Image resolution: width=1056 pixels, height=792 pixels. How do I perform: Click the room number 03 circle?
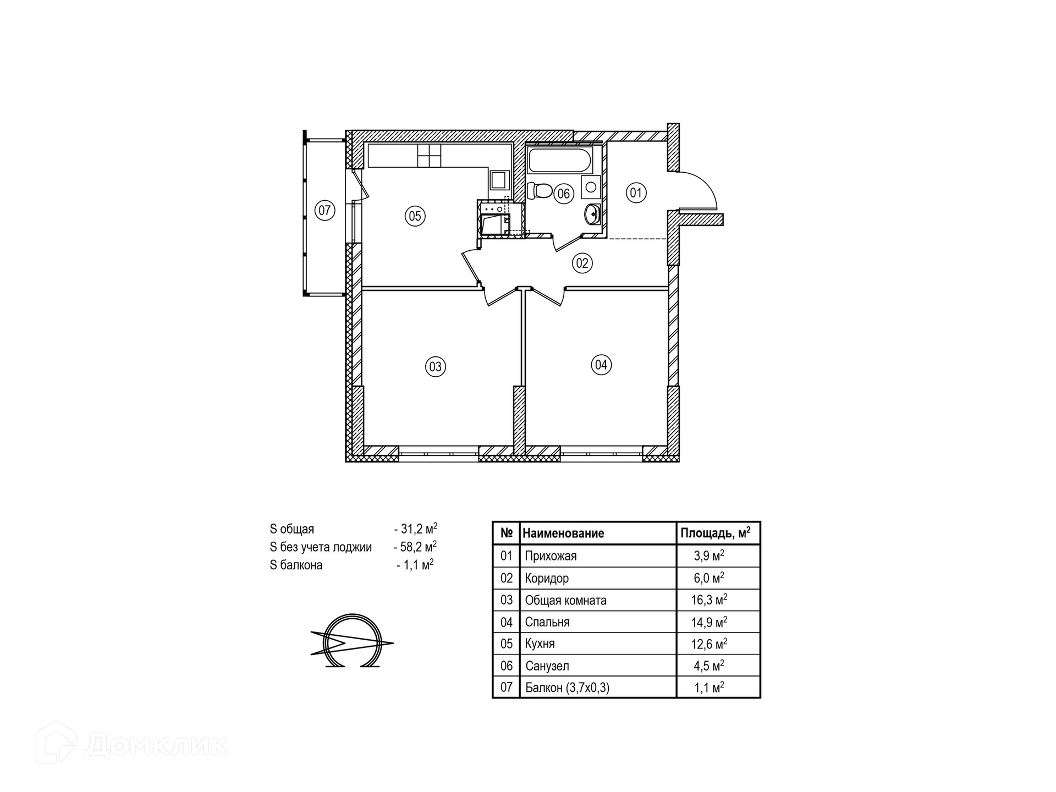(x=436, y=366)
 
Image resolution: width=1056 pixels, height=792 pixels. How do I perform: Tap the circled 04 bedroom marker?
(x=601, y=365)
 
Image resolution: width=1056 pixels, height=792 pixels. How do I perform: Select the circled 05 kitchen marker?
(x=415, y=216)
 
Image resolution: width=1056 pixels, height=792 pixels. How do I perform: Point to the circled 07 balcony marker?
(x=325, y=210)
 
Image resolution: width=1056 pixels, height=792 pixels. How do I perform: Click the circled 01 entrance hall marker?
(x=636, y=193)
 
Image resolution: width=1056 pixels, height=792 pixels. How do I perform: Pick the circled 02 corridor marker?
(x=582, y=263)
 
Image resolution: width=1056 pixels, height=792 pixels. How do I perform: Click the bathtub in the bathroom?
(x=560, y=160)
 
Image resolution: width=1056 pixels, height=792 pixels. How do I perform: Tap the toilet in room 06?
(x=540, y=191)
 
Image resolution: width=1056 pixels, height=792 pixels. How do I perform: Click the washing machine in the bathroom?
(x=591, y=187)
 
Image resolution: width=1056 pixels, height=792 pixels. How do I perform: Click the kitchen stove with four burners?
(x=430, y=156)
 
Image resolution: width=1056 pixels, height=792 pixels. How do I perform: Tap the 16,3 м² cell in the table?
(x=709, y=599)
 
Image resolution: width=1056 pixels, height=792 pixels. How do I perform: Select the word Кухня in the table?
(x=540, y=643)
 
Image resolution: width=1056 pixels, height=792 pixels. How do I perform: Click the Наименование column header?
(x=563, y=533)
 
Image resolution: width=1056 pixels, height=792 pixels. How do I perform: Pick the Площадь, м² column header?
(x=716, y=532)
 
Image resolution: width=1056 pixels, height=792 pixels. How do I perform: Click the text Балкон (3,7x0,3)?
(x=567, y=687)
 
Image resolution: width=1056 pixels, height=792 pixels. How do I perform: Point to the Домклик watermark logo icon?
(x=56, y=742)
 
